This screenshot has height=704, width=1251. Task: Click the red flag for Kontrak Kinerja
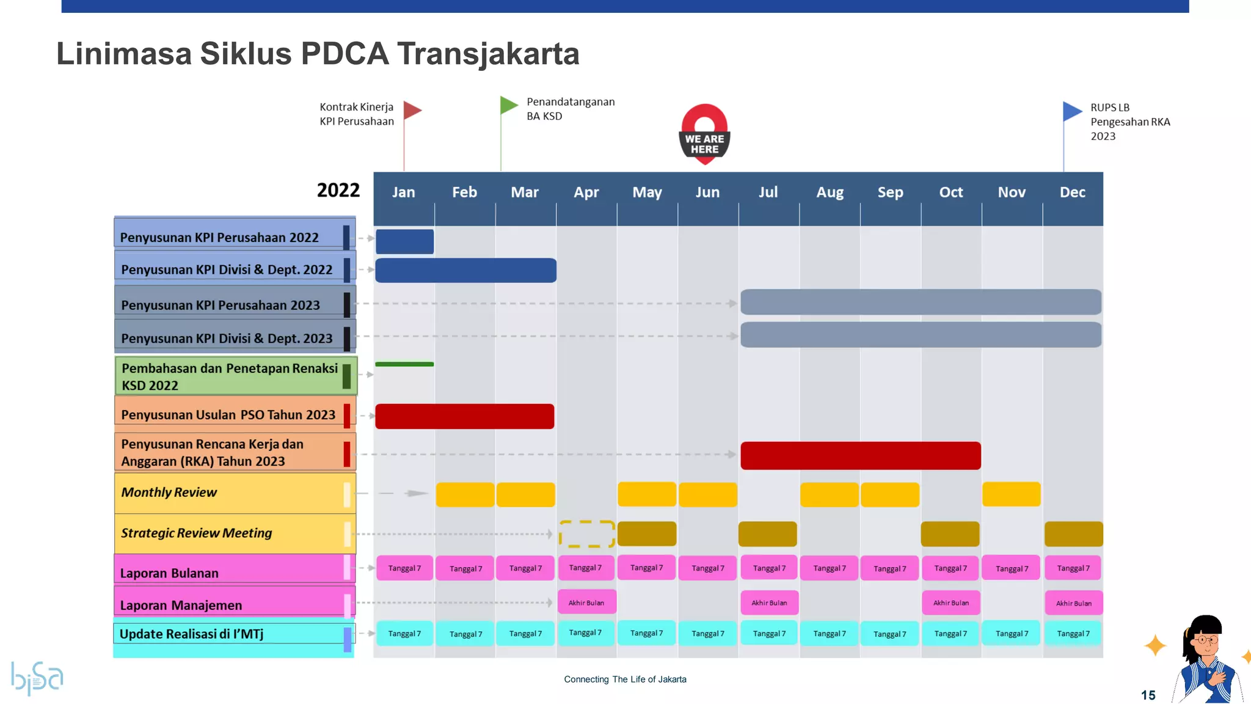[x=412, y=111]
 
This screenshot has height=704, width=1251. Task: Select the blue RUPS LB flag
[x=1072, y=111]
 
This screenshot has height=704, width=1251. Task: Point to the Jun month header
[x=707, y=193]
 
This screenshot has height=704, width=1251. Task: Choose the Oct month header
[x=950, y=193]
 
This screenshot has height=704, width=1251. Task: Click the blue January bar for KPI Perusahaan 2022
[x=404, y=241]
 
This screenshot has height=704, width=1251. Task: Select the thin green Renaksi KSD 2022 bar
[x=404, y=364]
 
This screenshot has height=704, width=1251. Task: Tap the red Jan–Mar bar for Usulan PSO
[x=464, y=416]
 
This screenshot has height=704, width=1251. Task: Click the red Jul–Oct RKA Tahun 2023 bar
[x=860, y=456]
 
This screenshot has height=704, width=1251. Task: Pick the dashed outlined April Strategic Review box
[x=586, y=533]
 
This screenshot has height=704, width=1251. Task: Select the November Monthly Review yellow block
[x=1011, y=494]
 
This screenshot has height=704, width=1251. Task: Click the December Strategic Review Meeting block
[x=1073, y=533]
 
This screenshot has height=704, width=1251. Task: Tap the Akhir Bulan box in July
[x=769, y=603]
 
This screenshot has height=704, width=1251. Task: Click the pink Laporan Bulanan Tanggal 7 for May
[x=646, y=568]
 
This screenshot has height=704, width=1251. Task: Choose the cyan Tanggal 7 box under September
[x=889, y=634]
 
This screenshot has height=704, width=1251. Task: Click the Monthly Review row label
[x=169, y=493]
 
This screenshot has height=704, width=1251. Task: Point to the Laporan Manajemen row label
[x=181, y=605]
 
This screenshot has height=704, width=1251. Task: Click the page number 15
[x=1148, y=695]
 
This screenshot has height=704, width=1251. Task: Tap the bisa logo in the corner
[x=37, y=677]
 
